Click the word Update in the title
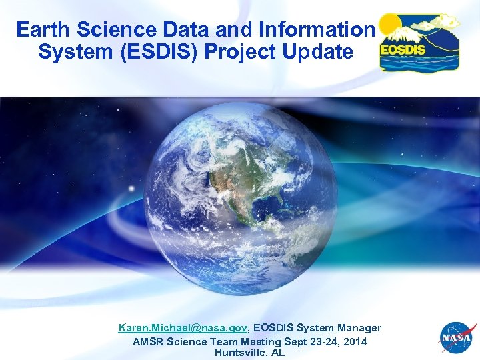pos(319,52)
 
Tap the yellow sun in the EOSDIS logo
pos(391,25)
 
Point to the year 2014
pos(354,341)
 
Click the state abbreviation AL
pos(278,352)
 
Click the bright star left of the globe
pos(131,189)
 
